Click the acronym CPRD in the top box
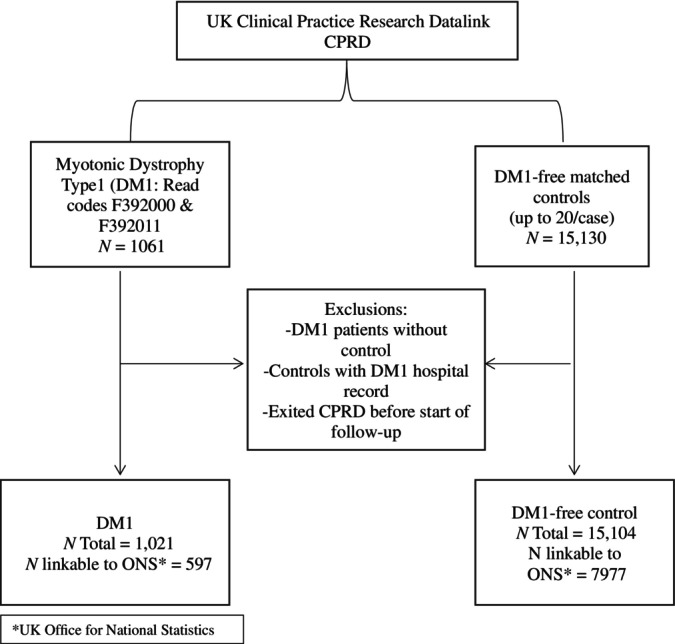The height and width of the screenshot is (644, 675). tap(347, 42)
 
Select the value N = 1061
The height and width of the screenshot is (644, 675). tap(131, 246)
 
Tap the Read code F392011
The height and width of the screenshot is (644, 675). tap(129, 226)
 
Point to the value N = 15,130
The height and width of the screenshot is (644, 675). tap(566, 238)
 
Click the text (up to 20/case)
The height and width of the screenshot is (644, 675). tap(562, 218)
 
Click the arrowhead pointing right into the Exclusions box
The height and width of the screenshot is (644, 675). tap(238, 364)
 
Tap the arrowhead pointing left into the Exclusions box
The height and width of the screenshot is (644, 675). tap(490, 364)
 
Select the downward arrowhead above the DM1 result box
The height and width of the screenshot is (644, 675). tap(120, 469)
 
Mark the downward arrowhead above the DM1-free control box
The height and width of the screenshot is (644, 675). tap(574, 469)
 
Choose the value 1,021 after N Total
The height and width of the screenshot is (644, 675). tap(154, 544)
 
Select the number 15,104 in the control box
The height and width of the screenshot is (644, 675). tap(611, 533)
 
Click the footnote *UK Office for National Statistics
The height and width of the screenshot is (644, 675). tap(113, 630)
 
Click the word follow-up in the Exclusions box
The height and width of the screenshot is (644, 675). tap(366, 432)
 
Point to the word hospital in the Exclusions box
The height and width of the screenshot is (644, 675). tap(440, 372)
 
